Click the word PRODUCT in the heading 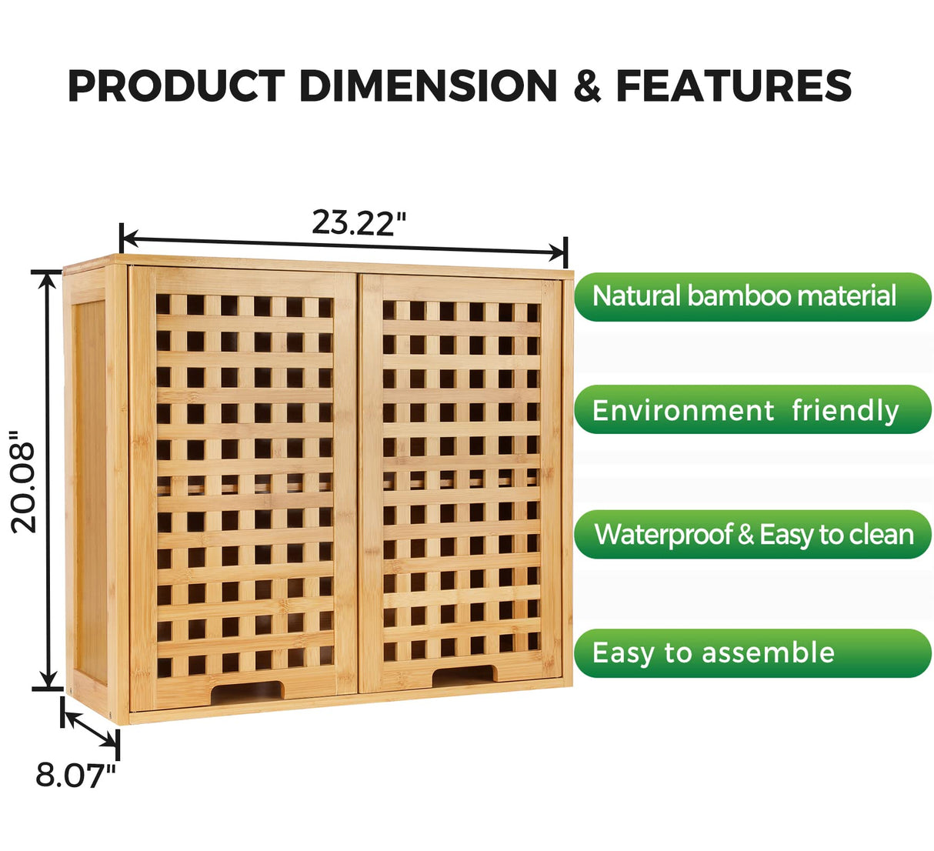point(176,85)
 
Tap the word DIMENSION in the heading point(428,85)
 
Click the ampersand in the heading point(587,86)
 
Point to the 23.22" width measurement point(359,222)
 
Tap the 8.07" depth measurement point(75,775)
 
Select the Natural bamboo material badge point(752,296)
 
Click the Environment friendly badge point(752,409)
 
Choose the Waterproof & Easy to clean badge point(752,534)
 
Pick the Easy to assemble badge point(752,653)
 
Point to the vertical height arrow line point(48,481)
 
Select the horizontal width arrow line point(343,242)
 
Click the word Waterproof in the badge point(662,535)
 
